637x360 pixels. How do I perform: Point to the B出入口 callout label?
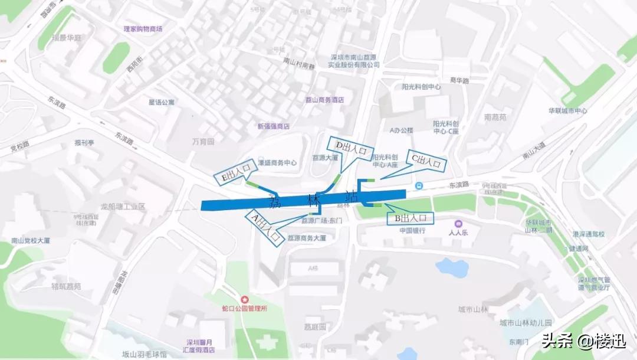[x=410, y=218]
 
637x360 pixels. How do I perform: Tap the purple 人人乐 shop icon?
[x=458, y=224]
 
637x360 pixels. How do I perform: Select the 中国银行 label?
[x=412, y=231]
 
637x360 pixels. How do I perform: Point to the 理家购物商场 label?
[x=143, y=28]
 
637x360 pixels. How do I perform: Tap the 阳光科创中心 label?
[x=421, y=87]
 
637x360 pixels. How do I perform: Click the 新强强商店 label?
[x=274, y=126]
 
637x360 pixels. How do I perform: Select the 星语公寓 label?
[x=161, y=102]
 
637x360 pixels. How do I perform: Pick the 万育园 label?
[x=203, y=142]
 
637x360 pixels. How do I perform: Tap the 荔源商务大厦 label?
[x=307, y=238]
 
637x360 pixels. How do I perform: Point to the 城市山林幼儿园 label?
[x=525, y=323]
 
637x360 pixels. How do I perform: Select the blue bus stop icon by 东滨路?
[x=418, y=186]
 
